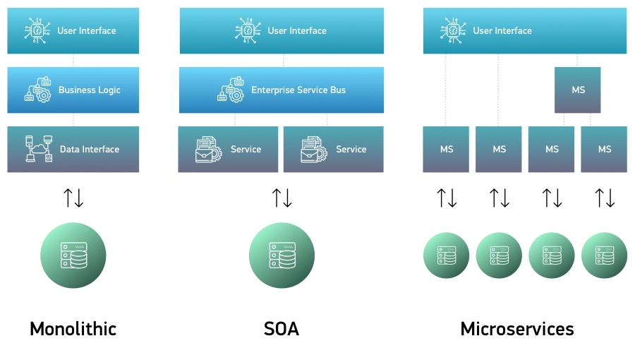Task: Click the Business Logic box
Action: pos(73,90)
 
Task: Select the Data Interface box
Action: pos(73,149)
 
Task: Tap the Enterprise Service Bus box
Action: pos(281,90)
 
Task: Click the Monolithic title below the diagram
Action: pos(73,328)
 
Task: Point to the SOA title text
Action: pos(282,328)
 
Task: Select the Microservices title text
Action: pos(516,328)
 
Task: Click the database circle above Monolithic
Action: pos(73,255)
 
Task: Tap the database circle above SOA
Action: pos(282,255)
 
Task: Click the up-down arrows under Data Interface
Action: pos(73,198)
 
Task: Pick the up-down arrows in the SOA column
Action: pos(282,198)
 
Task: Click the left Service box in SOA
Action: pos(228,149)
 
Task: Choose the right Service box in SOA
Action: pos(334,149)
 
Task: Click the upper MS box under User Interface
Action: pos(578,90)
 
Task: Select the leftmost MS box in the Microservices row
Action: pos(446,149)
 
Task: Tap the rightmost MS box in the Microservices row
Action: pos(604,149)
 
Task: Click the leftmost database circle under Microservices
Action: pos(446,255)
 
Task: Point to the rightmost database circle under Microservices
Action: pos(604,255)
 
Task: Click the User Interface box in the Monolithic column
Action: pos(73,30)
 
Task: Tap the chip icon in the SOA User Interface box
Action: pos(248,30)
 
